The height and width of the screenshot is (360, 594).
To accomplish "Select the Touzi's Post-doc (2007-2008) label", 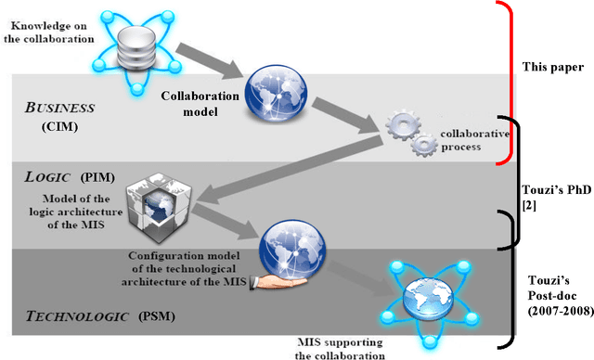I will coord(555,297).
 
